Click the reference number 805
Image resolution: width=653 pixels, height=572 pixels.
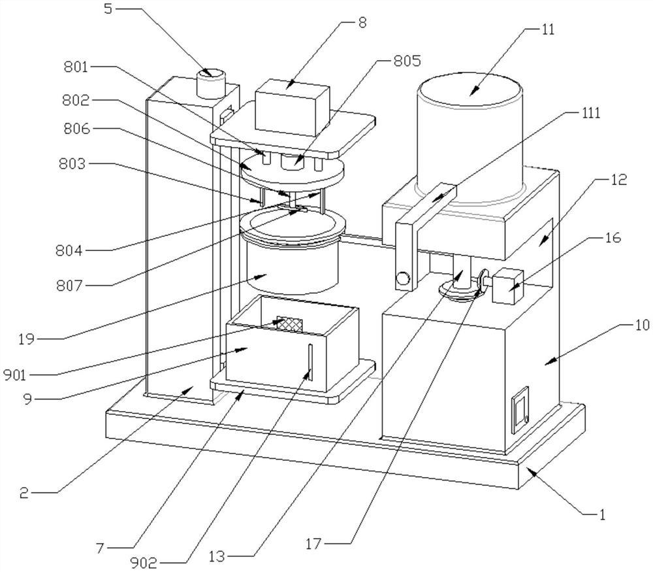pyautogui.click(x=408, y=61)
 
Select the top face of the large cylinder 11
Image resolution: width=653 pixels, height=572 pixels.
pyautogui.click(x=470, y=90)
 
